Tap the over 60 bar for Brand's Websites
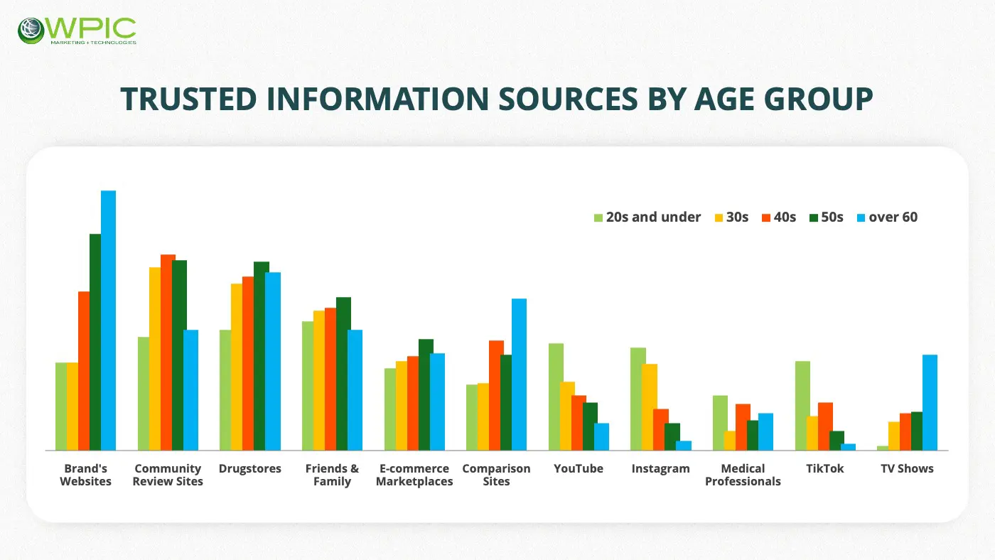pyautogui.click(x=108, y=320)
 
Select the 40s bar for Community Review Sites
pyautogui.click(x=168, y=352)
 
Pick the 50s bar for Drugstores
pyautogui.click(x=262, y=355)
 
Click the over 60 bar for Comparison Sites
pyautogui.click(x=519, y=374)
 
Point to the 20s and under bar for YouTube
pyautogui.click(x=556, y=397)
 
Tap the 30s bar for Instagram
pyautogui.click(x=650, y=406)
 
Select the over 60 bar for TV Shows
pyautogui.click(x=930, y=402)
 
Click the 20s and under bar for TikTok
pyautogui.click(x=802, y=405)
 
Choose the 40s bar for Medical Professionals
pyautogui.click(x=743, y=426)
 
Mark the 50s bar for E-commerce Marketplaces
pyautogui.click(x=426, y=394)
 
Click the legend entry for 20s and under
pyautogui.click(x=647, y=217)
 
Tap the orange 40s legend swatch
pyautogui.click(x=766, y=217)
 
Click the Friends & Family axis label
pyautogui.click(x=332, y=475)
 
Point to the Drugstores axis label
pyautogui.click(x=250, y=468)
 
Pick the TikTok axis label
pyautogui.click(x=825, y=468)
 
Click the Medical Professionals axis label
pyautogui.click(x=743, y=475)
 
